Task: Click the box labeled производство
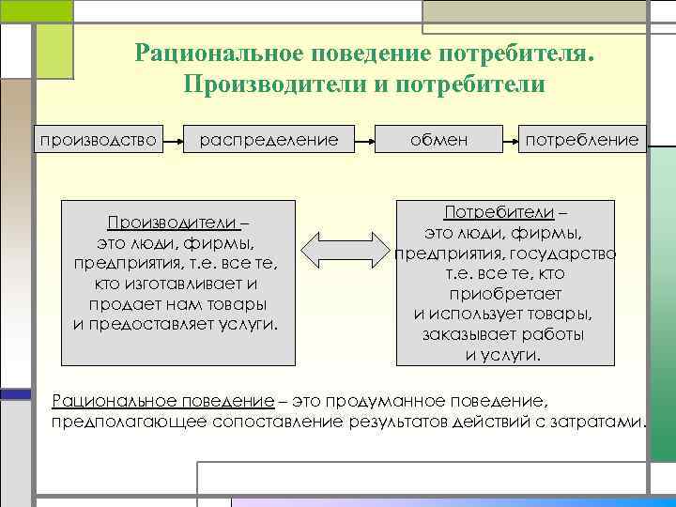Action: click(x=95, y=140)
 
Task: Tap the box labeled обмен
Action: click(x=438, y=140)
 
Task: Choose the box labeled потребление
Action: click(x=582, y=140)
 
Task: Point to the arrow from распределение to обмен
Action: click(x=362, y=141)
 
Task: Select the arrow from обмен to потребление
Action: click(x=510, y=141)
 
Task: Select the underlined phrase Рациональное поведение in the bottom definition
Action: click(x=162, y=401)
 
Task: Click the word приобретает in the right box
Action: click(x=505, y=294)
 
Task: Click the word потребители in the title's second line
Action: click(x=475, y=84)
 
